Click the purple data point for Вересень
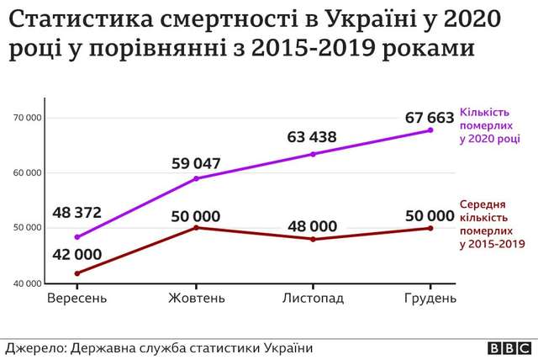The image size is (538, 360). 77,237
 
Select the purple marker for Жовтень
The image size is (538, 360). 196,178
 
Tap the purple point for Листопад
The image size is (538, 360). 313,154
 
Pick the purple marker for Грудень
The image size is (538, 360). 430,130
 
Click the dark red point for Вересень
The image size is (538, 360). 77,273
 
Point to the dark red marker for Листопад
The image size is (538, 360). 313,240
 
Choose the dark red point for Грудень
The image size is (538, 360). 430,228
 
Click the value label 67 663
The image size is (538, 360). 430,116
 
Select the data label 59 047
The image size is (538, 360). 196,162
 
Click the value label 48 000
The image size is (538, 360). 313,225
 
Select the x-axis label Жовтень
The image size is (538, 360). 196,299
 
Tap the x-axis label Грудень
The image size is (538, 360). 430,299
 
